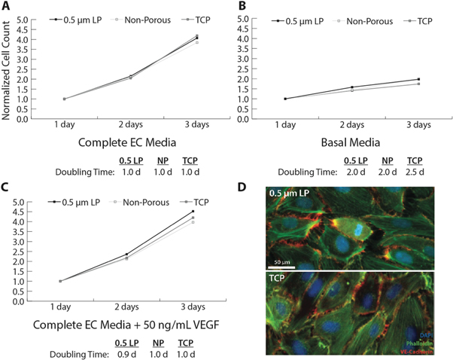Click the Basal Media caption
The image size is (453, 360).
point(349,142)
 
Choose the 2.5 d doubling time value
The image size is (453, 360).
point(413,172)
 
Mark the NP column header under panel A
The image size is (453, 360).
point(163,160)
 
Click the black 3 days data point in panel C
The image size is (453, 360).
point(193,212)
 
